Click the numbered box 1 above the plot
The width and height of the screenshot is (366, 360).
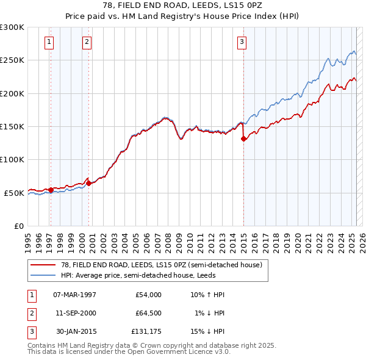pyautogui.click(x=49, y=42)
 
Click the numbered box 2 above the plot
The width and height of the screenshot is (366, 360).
pyautogui.click(x=87, y=42)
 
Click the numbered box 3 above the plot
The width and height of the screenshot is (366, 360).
pyautogui.click(x=242, y=42)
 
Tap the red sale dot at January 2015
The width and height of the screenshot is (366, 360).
pyautogui.click(x=243, y=139)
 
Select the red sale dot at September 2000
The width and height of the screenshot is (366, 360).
pyautogui.click(x=89, y=182)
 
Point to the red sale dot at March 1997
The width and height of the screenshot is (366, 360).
pyautogui.click(x=51, y=190)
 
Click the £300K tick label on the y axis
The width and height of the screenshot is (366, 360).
pyautogui.click(x=12, y=27)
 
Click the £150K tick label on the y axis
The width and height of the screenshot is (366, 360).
pyautogui.click(x=12, y=126)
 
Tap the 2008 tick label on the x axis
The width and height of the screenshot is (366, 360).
pyautogui.click(x=168, y=239)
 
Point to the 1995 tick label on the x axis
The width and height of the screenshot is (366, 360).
pyautogui.click(x=28, y=239)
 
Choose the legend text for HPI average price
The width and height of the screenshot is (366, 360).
pyautogui.click(x=152, y=275)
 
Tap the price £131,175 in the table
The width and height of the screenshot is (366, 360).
pyautogui.click(x=146, y=331)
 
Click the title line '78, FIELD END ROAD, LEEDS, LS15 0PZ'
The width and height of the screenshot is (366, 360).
pyautogui.click(x=183, y=6)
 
